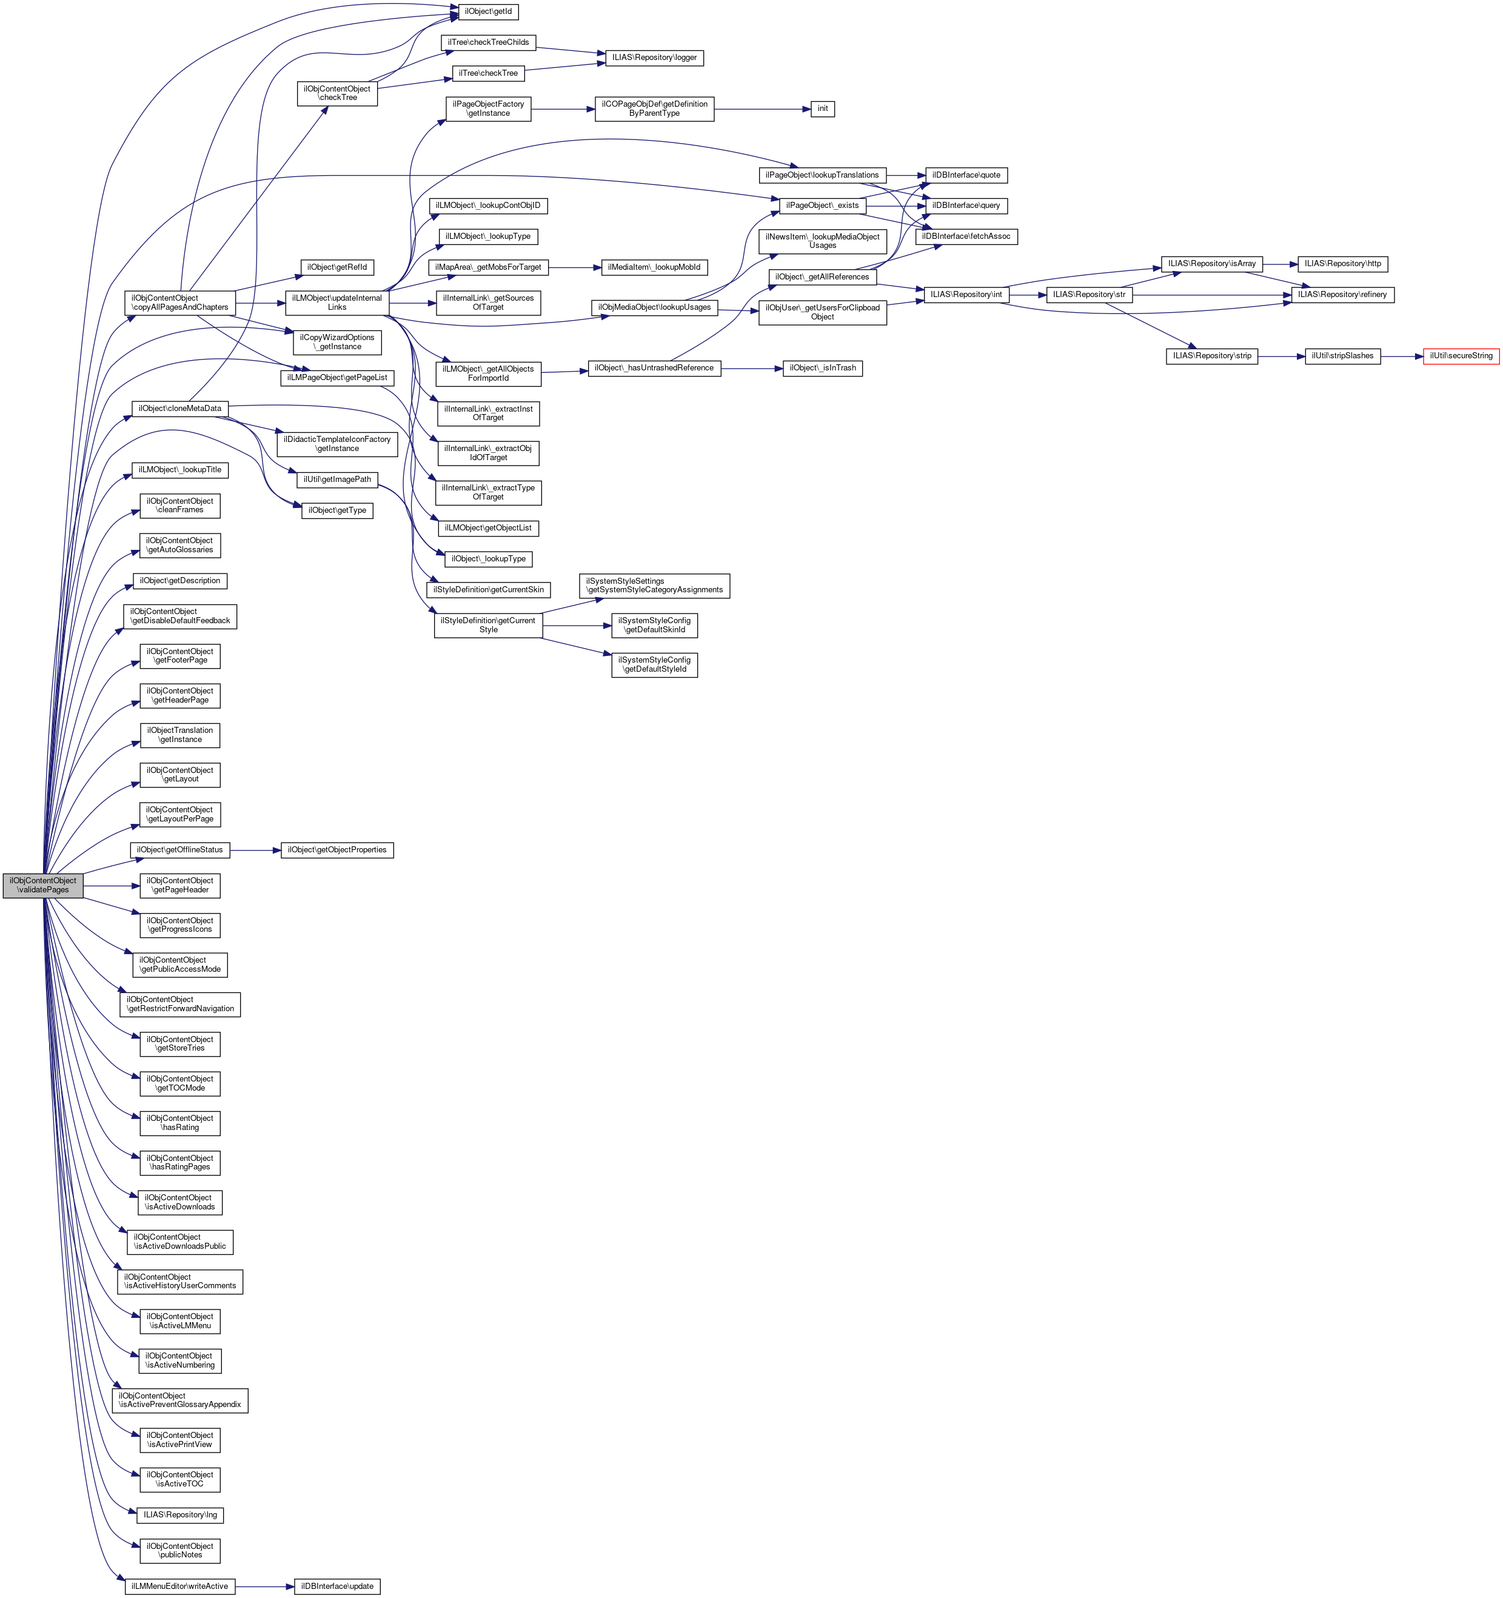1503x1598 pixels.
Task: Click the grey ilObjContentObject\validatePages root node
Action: click(42, 885)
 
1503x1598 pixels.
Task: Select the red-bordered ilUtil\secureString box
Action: click(1461, 356)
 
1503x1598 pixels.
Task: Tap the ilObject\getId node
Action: click(488, 12)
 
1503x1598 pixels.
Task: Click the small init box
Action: click(822, 109)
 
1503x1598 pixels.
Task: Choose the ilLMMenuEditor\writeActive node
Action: click(180, 1586)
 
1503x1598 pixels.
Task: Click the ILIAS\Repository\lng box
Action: click(180, 1514)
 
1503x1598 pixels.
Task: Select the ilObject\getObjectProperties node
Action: click(336, 850)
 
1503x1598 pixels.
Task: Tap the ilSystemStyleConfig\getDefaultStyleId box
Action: click(654, 665)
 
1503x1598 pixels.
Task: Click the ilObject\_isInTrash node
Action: click(822, 368)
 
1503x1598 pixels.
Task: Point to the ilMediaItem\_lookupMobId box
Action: click(654, 267)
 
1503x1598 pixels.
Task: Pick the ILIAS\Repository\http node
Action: click(1342, 264)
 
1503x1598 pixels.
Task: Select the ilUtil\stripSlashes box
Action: click(1342, 356)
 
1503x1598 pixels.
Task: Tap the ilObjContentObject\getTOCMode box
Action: click(180, 1083)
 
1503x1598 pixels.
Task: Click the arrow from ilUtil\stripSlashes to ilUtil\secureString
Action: click(1402, 356)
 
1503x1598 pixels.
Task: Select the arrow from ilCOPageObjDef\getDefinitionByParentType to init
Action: click(762, 109)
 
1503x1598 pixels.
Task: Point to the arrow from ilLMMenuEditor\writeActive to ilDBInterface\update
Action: click(264, 1586)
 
